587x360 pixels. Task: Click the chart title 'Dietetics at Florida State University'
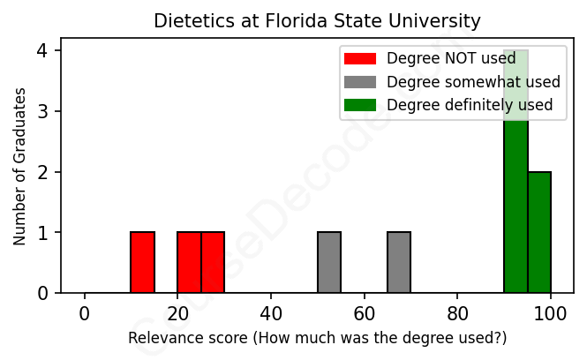tap(317, 20)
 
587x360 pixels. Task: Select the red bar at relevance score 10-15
tap(143, 262)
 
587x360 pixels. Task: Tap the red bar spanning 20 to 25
tap(189, 262)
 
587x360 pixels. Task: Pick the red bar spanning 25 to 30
tap(213, 262)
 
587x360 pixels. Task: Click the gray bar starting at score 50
tap(329, 262)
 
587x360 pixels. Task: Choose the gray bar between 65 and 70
tap(399, 262)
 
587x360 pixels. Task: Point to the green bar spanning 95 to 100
tap(539, 232)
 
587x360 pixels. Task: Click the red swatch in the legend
tap(360, 59)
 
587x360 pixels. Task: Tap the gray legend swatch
tap(360, 82)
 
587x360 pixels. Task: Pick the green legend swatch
tap(360, 105)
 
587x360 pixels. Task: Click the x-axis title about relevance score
tap(317, 338)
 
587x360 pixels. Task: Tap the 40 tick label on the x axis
tap(271, 313)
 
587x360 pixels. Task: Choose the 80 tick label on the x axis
tap(457, 313)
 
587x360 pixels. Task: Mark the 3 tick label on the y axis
tap(42, 111)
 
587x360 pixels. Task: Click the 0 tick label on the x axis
tap(85, 313)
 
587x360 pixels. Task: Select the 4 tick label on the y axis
tap(42, 51)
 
